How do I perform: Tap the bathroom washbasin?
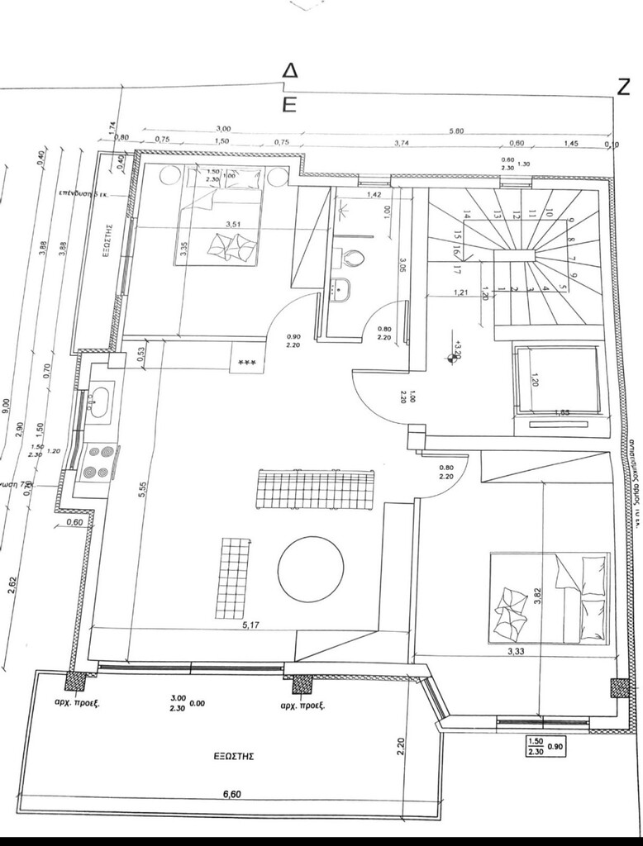[x=340, y=290]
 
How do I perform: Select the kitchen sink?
[x=98, y=402]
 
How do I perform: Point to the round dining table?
[x=310, y=570]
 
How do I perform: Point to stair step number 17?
[x=456, y=269]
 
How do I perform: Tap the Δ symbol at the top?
[x=289, y=72]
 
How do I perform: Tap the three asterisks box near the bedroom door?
[x=246, y=364]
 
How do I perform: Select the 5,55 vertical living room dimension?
[x=143, y=490]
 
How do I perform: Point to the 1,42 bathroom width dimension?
[x=374, y=195]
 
